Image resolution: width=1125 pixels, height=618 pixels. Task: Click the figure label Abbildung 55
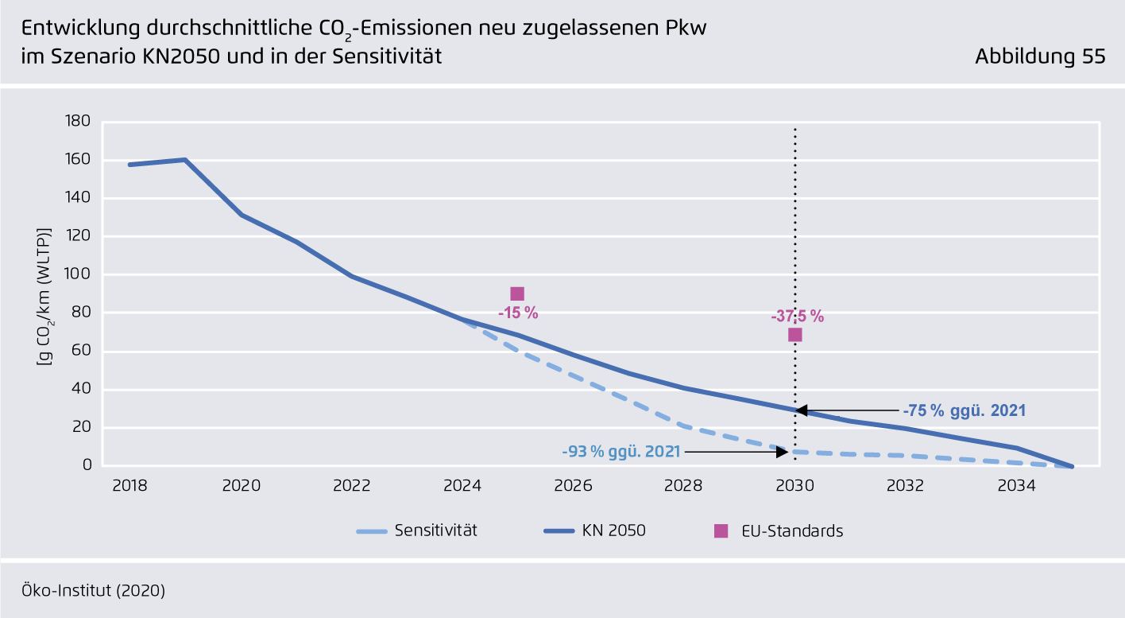(1040, 56)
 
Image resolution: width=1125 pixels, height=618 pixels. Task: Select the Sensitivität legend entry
(435, 531)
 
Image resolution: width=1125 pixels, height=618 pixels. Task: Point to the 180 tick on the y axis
(80, 122)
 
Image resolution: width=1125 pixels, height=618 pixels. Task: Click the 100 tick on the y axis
(80, 274)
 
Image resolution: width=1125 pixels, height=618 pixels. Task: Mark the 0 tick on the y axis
(87, 466)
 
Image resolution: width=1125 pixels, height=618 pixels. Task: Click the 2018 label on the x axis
(130, 485)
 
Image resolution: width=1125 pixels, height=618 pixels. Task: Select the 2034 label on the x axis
(1016, 485)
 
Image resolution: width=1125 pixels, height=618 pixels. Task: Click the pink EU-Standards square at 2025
(517, 294)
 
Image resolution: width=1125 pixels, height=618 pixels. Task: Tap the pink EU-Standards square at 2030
(794, 335)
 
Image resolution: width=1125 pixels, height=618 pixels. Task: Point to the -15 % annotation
(518, 313)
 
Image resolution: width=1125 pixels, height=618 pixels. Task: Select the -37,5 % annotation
(797, 317)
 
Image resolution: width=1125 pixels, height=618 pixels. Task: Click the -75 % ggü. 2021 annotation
(964, 411)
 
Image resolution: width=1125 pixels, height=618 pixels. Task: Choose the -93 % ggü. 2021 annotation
(620, 452)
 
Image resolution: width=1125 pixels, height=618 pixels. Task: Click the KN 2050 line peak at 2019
(185, 160)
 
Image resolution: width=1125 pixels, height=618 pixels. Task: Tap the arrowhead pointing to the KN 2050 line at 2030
(801, 410)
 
